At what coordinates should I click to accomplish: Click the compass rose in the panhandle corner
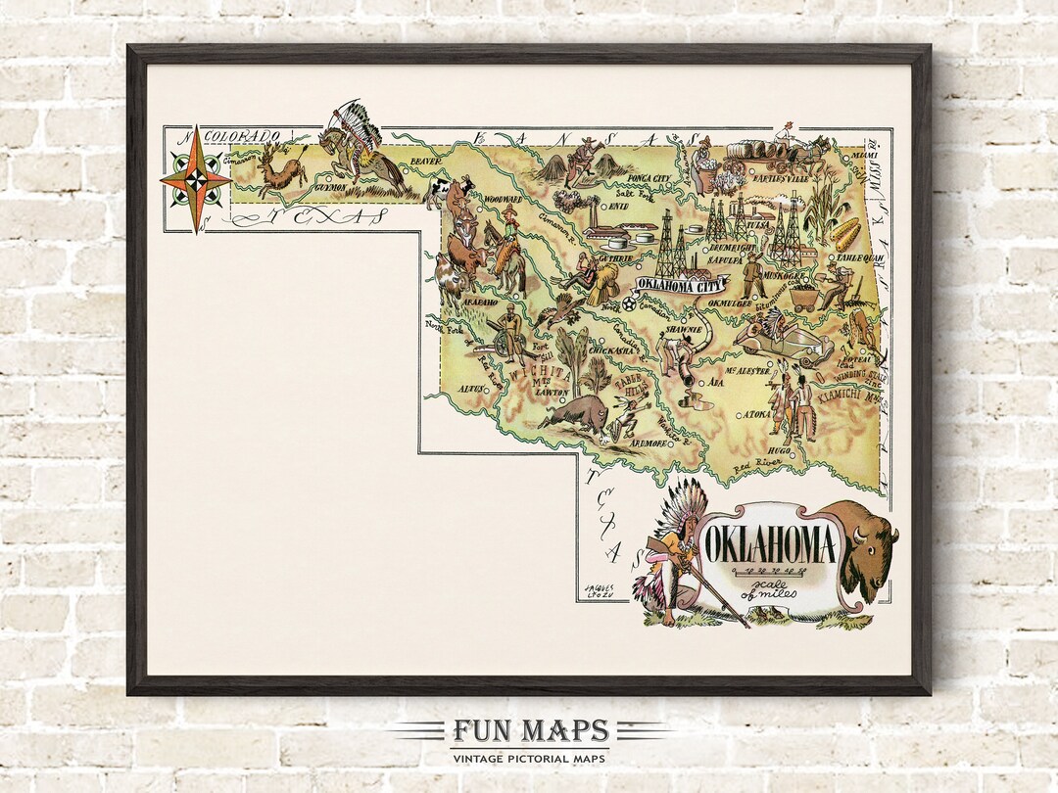[195, 179]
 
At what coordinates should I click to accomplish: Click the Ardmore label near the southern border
[648, 443]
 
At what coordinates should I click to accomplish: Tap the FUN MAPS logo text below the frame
[530, 731]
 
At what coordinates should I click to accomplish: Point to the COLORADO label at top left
[242, 136]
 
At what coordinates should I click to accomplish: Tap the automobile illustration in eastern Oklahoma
[787, 344]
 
